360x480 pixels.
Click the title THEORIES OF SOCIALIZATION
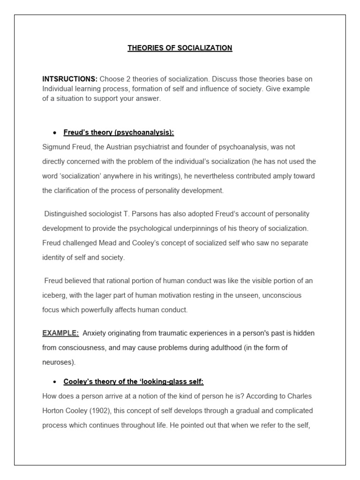pyautogui.click(x=180, y=48)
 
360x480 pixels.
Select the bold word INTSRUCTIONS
pyautogui.click(x=70, y=79)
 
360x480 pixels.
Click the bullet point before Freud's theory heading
pyautogui.click(x=55, y=133)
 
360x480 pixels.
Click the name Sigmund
pyautogui.click(x=55, y=147)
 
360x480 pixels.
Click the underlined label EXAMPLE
pyautogui.click(x=60, y=333)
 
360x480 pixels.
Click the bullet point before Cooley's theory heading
pyautogui.click(x=55, y=382)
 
